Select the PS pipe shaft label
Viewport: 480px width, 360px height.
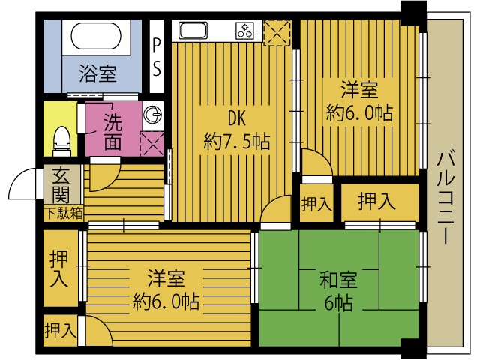click(157, 57)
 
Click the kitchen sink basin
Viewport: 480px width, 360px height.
click(192, 31)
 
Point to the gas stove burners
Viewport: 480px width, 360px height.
click(245, 31)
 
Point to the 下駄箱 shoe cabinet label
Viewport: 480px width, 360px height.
click(63, 214)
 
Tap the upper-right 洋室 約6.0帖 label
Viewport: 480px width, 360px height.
click(359, 101)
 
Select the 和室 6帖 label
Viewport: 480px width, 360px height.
click(338, 292)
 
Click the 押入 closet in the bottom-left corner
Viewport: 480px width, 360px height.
click(59, 330)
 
